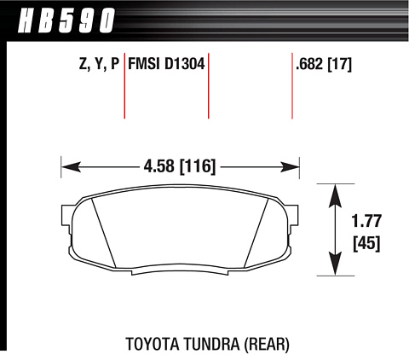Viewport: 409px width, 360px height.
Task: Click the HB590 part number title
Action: point(66,20)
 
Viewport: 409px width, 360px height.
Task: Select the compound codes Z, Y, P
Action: point(99,64)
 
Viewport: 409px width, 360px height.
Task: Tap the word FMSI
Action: point(144,63)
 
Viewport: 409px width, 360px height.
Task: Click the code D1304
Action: point(185,63)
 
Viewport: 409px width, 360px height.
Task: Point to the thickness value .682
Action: point(309,64)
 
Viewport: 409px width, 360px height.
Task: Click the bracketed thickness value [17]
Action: point(340,64)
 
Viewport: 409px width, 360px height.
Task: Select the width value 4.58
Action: point(158,165)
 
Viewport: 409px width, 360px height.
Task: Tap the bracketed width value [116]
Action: point(198,166)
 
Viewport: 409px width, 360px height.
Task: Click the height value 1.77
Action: point(366,221)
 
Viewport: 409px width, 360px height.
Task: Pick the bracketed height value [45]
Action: point(366,243)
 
